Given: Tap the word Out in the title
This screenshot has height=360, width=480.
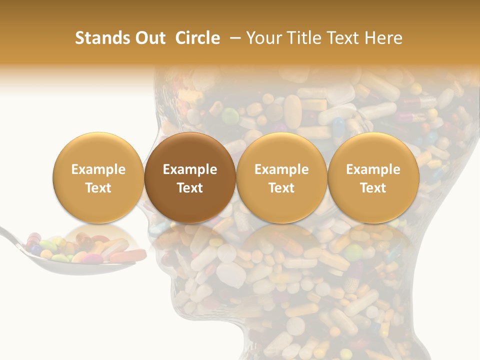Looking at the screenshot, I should coord(148,38).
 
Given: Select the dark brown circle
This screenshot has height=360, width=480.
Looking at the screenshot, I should coord(189,178).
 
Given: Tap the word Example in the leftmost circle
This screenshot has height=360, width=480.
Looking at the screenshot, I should coord(98,169).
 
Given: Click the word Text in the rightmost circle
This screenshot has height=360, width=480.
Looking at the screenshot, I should coord(373,188).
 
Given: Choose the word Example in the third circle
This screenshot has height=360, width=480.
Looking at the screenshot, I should coord(281,169).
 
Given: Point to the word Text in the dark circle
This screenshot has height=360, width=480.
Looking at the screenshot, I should coord(189,188).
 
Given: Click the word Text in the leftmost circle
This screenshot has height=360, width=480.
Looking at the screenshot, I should coord(98,188).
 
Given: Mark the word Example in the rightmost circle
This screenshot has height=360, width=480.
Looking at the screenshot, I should coord(373,169).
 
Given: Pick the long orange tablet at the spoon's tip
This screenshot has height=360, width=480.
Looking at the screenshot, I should coord(127,255).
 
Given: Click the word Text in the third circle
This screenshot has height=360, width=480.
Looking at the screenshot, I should coord(281,188).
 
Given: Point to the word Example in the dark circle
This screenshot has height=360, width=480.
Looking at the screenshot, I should coord(189,169).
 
